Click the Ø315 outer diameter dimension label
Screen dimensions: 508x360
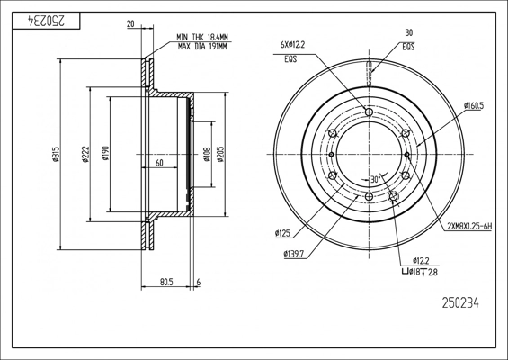tap(56, 154)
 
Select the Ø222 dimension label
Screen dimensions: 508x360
tap(85, 155)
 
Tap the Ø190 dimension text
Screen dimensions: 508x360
tap(105, 154)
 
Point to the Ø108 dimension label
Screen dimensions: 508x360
tap(207, 155)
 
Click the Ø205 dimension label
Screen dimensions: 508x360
tap(220, 155)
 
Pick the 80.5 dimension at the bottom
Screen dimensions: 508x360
tap(166, 283)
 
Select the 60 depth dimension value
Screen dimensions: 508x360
tap(159, 163)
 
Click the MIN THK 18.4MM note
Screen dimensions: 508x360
tap(202, 37)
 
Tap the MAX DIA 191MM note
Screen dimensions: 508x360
tap(202, 47)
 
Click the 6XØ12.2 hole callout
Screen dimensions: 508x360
tap(292, 45)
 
